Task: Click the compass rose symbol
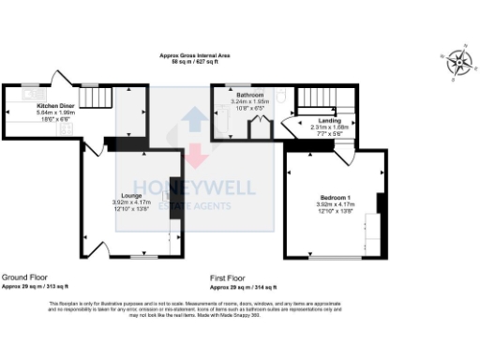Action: click(x=458, y=62)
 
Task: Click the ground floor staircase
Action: click(x=95, y=96)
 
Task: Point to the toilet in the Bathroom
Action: click(x=281, y=95)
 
